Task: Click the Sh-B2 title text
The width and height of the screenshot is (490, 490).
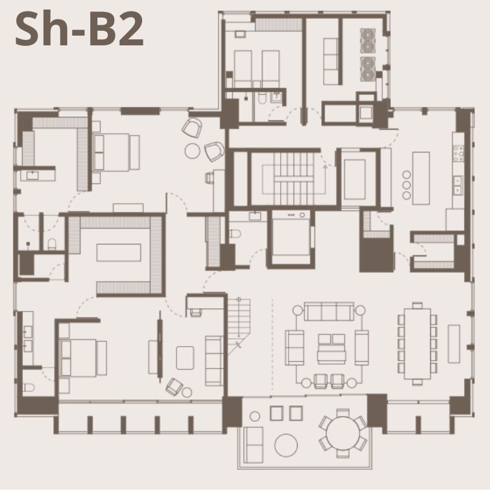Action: [x=79, y=29]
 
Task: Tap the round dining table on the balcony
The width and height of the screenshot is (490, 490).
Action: [x=343, y=433]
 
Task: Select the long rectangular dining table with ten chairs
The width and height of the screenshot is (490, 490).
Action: [x=417, y=344]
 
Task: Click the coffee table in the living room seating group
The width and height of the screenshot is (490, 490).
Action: [x=332, y=349]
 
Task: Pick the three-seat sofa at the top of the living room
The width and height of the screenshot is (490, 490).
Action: [x=329, y=312]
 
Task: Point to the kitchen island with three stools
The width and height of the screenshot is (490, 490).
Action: [x=421, y=178]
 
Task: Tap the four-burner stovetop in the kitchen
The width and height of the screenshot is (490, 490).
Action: [x=459, y=154]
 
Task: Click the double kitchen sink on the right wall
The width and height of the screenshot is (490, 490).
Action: [x=458, y=185]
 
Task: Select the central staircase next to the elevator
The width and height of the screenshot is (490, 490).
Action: [x=294, y=178]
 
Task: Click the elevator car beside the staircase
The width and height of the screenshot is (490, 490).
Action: [x=354, y=180]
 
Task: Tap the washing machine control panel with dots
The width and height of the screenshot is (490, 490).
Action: [x=291, y=215]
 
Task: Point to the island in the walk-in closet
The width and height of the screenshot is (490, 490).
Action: [x=119, y=252]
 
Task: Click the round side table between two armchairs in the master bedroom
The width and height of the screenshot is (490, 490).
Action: [x=192, y=151]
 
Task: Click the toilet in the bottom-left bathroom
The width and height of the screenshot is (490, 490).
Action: [x=29, y=388]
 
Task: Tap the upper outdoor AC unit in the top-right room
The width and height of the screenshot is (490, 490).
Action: [x=368, y=41]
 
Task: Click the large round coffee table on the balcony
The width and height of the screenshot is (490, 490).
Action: [x=286, y=445]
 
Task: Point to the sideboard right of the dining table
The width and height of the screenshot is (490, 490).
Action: [x=454, y=344]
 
